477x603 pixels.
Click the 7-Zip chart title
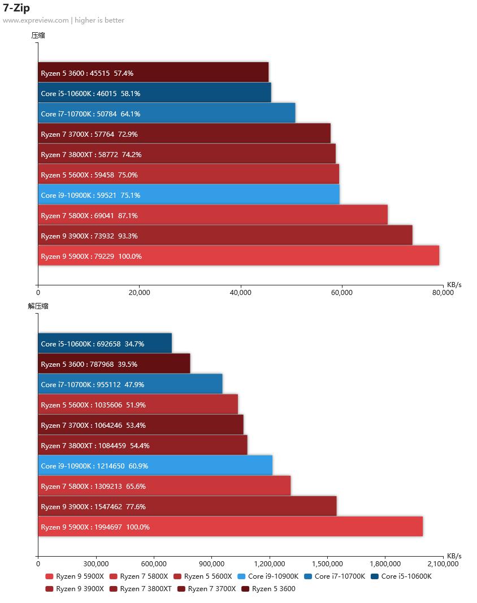tap(16, 8)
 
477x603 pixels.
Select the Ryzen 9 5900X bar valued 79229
tap(238, 256)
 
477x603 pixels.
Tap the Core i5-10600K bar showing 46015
tap(154, 93)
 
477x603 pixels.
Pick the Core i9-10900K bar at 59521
tap(189, 195)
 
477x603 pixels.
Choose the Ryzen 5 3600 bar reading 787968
tap(114, 364)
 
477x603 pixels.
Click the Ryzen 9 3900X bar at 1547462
tap(187, 506)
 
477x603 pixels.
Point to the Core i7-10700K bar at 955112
tap(130, 384)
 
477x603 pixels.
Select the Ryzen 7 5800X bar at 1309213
tap(164, 486)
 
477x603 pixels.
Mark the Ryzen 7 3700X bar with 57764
tap(184, 134)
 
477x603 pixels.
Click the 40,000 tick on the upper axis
tap(241, 293)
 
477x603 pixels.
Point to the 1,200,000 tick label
tap(270, 563)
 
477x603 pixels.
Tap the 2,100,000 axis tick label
tap(443, 563)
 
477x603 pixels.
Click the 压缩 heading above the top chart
tap(38, 35)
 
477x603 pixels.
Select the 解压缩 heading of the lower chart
tap(38, 306)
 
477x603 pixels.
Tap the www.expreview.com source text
tap(36, 20)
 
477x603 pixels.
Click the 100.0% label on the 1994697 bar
tap(138, 527)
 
